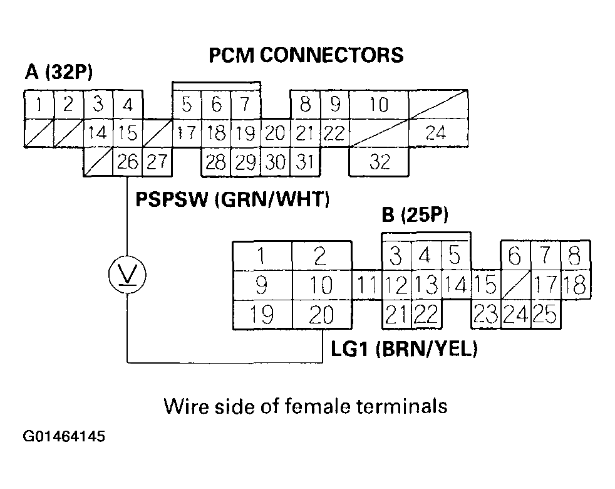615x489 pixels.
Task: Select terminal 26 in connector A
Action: tap(128, 162)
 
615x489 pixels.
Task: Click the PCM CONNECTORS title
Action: tap(306, 55)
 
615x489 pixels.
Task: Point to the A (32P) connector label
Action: tap(58, 73)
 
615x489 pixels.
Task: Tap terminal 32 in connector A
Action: tap(379, 162)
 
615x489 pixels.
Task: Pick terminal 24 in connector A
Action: tap(438, 133)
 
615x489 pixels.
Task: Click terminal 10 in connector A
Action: tap(378, 104)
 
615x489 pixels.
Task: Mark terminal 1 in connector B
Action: tap(262, 256)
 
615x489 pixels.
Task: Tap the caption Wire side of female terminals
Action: tap(306, 406)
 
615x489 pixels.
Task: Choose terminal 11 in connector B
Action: tap(367, 285)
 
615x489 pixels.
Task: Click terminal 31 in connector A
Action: tap(304, 162)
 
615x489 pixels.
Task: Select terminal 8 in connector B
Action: tap(575, 256)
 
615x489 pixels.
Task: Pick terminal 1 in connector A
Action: tap(38, 104)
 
